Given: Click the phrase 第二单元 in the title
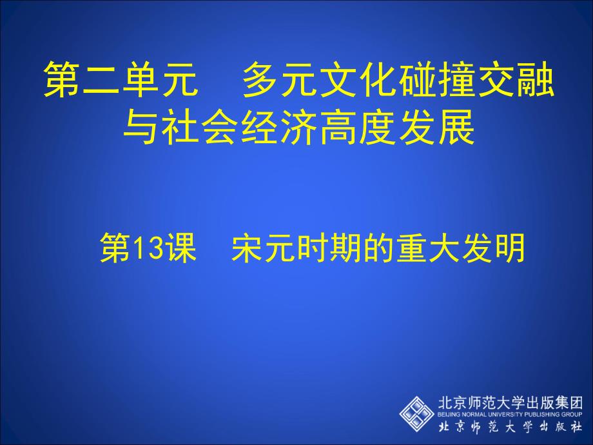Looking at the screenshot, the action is tap(121, 80).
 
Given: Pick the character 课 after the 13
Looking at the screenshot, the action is tap(182, 248).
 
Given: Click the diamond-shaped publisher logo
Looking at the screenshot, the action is tap(417, 413).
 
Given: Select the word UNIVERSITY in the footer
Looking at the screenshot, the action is tap(504, 414).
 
